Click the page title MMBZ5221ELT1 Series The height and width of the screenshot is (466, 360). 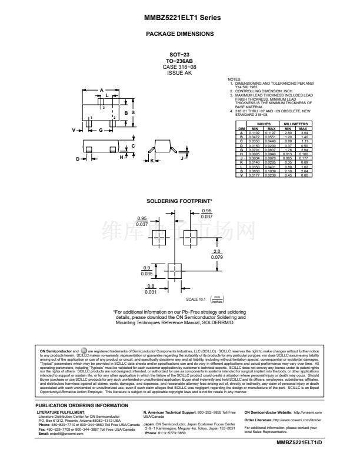(179, 18)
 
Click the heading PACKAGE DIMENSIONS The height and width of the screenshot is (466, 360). (179, 34)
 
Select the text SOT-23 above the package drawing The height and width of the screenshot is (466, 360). (179, 55)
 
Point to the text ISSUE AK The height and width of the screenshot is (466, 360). (179, 73)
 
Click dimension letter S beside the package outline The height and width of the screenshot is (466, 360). (133, 112)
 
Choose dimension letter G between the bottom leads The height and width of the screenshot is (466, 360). (101, 129)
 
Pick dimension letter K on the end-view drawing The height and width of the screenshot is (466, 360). (151, 159)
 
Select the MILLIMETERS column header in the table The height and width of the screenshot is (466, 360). (295, 125)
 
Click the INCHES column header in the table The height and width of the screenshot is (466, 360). (263, 125)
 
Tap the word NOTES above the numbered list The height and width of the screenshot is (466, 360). (234, 79)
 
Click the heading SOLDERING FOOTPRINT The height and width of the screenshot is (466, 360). (179, 201)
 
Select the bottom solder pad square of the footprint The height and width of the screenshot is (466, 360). (175, 271)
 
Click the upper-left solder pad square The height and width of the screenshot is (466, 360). (159, 239)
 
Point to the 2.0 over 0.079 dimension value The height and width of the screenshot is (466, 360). (216, 255)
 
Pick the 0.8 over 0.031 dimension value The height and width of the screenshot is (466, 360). (151, 288)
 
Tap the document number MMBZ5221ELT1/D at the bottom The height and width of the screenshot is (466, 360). (299, 458)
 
